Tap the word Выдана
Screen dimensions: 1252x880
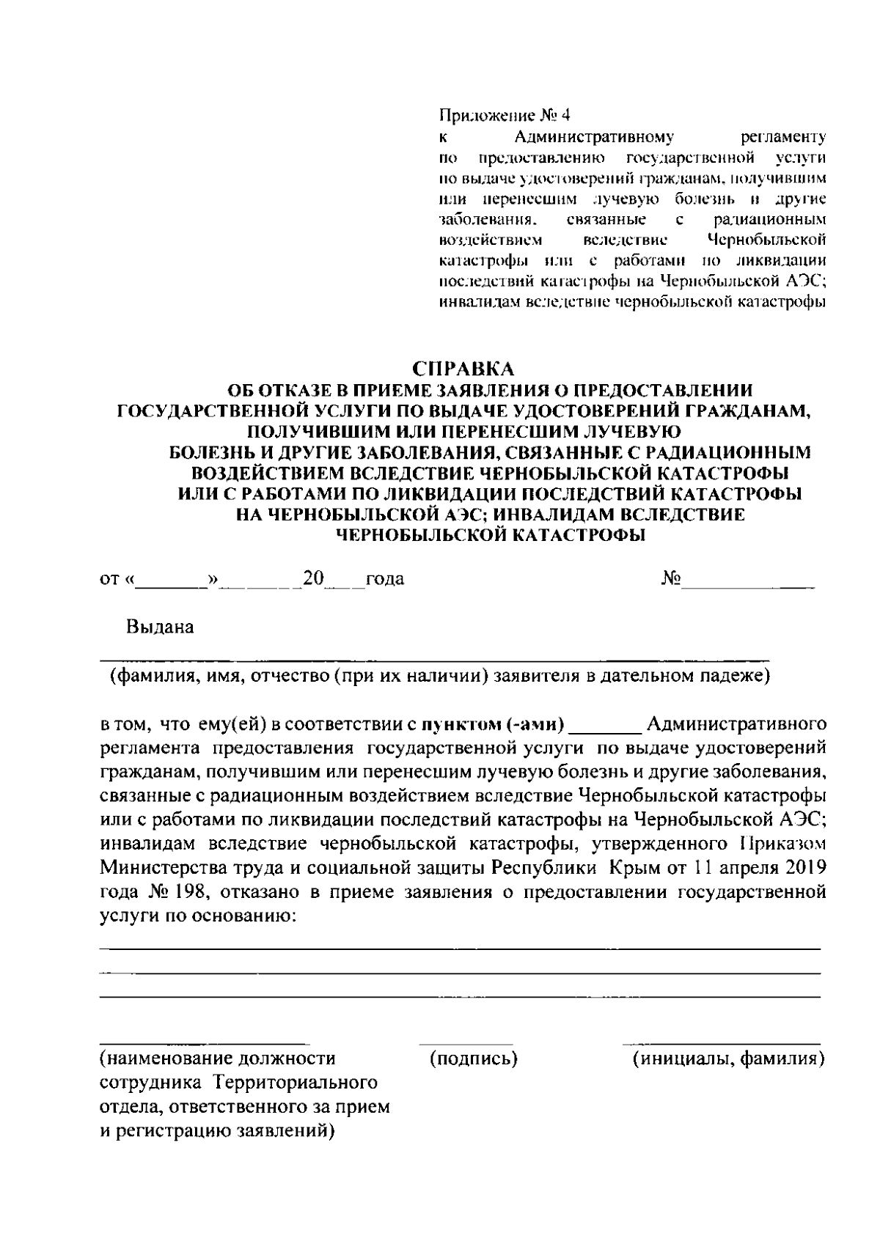160,627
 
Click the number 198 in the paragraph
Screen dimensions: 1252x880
199,892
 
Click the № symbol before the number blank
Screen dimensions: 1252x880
670,579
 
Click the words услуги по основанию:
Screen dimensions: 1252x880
197,916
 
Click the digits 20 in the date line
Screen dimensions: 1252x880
313,579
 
